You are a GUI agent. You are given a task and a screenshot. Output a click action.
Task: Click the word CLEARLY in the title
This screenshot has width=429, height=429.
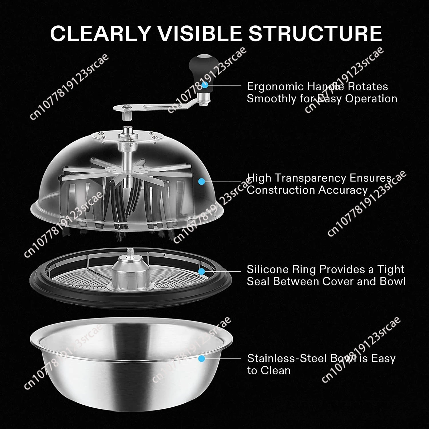[x=100, y=34]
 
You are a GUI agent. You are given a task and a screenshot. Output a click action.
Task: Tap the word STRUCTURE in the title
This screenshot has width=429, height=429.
[x=315, y=34]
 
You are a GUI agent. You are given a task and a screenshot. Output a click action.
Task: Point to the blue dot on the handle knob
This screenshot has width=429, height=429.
[x=204, y=85]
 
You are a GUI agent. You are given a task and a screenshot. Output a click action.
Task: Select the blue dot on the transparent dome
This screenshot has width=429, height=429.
[x=202, y=181]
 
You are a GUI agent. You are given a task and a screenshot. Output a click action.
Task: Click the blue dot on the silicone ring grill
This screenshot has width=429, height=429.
[x=202, y=271]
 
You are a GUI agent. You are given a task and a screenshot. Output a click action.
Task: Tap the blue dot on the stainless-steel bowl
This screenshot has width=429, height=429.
[x=202, y=358]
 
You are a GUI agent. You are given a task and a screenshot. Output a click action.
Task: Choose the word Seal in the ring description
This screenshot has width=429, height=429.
[x=259, y=281]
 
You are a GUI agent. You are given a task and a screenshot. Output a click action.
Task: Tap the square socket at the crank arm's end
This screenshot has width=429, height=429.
[x=126, y=116]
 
